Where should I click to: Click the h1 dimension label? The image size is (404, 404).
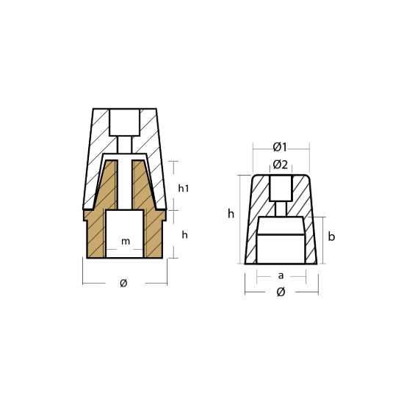pos(184,188)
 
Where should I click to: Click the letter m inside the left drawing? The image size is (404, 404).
pos(126,242)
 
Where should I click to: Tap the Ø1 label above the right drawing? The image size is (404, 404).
pos(280,147)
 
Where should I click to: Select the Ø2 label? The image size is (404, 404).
pos(281,165)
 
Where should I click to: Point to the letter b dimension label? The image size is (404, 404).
pos(331,237)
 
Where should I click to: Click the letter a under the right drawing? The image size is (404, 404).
pos(281,275)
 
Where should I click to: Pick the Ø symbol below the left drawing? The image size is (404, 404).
pos(123,283)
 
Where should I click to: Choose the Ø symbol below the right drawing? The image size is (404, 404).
pos(281,292)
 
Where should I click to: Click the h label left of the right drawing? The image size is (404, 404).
pos(231,214)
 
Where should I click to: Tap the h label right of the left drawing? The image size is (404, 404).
pos(184,235)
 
